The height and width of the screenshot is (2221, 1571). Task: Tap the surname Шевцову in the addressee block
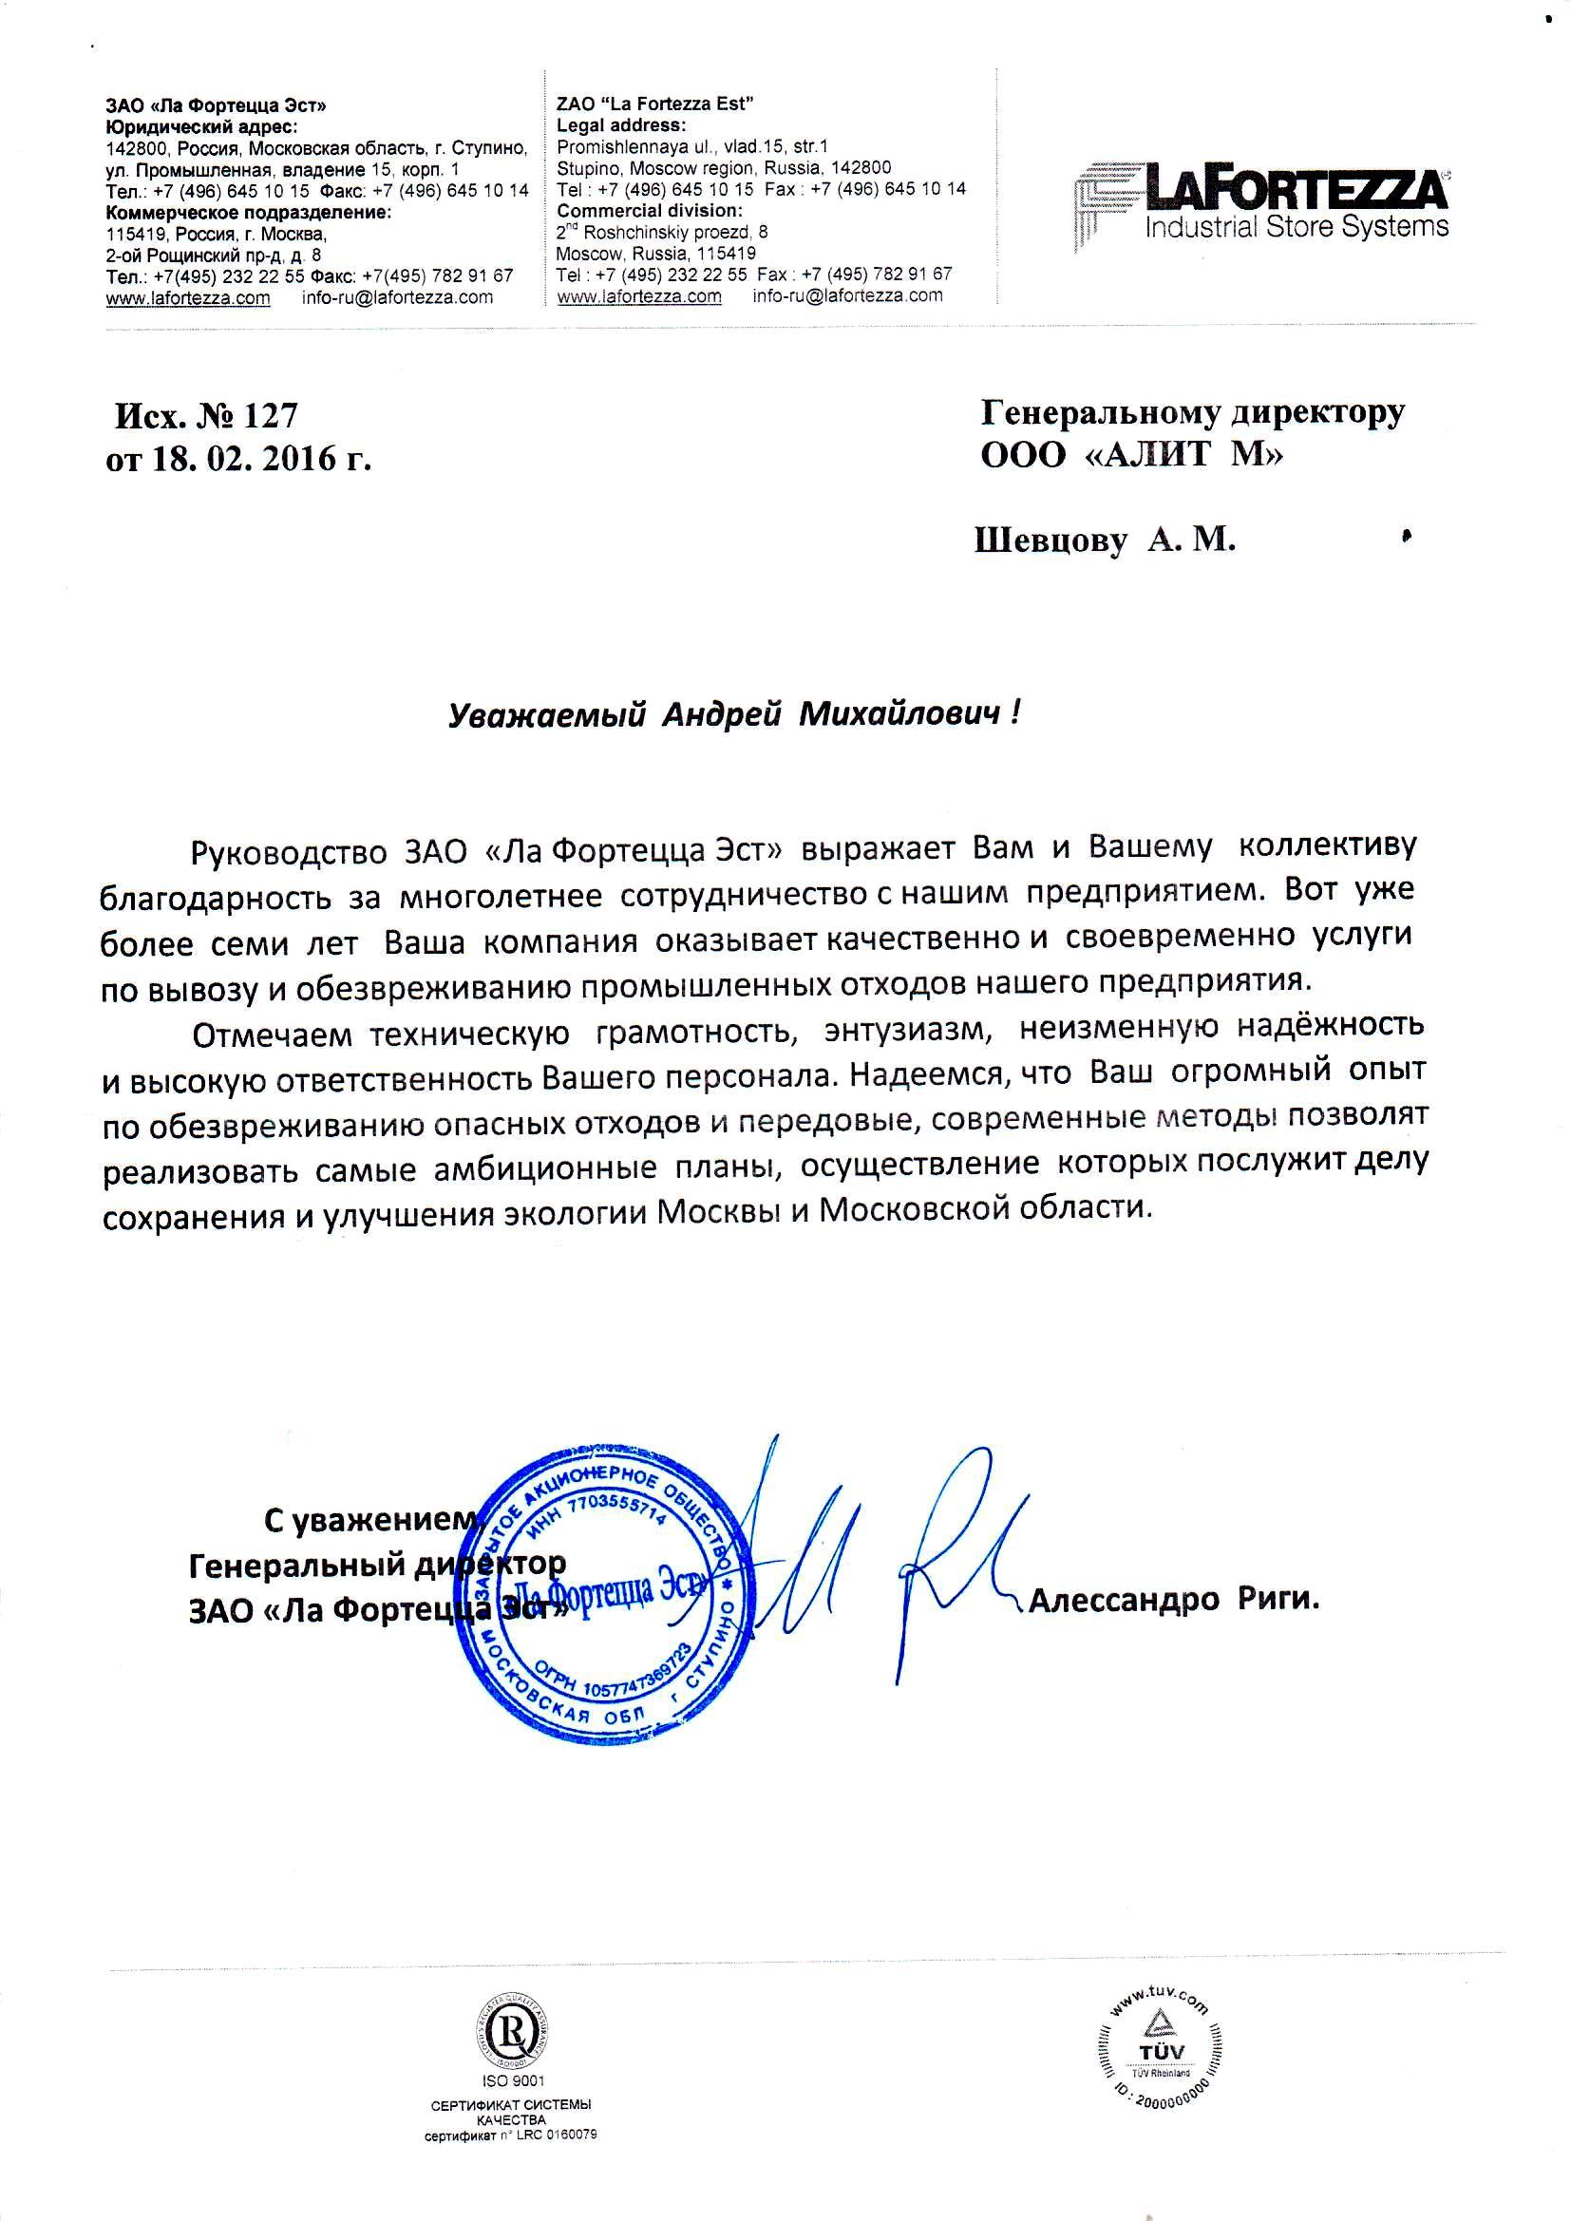point(1050,541)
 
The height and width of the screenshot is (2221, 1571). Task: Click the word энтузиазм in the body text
point(908,1032)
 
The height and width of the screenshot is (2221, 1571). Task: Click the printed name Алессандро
point(1122,1601)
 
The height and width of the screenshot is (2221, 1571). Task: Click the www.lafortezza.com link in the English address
point(638,296)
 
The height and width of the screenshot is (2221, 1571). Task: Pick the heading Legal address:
point(621,124)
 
